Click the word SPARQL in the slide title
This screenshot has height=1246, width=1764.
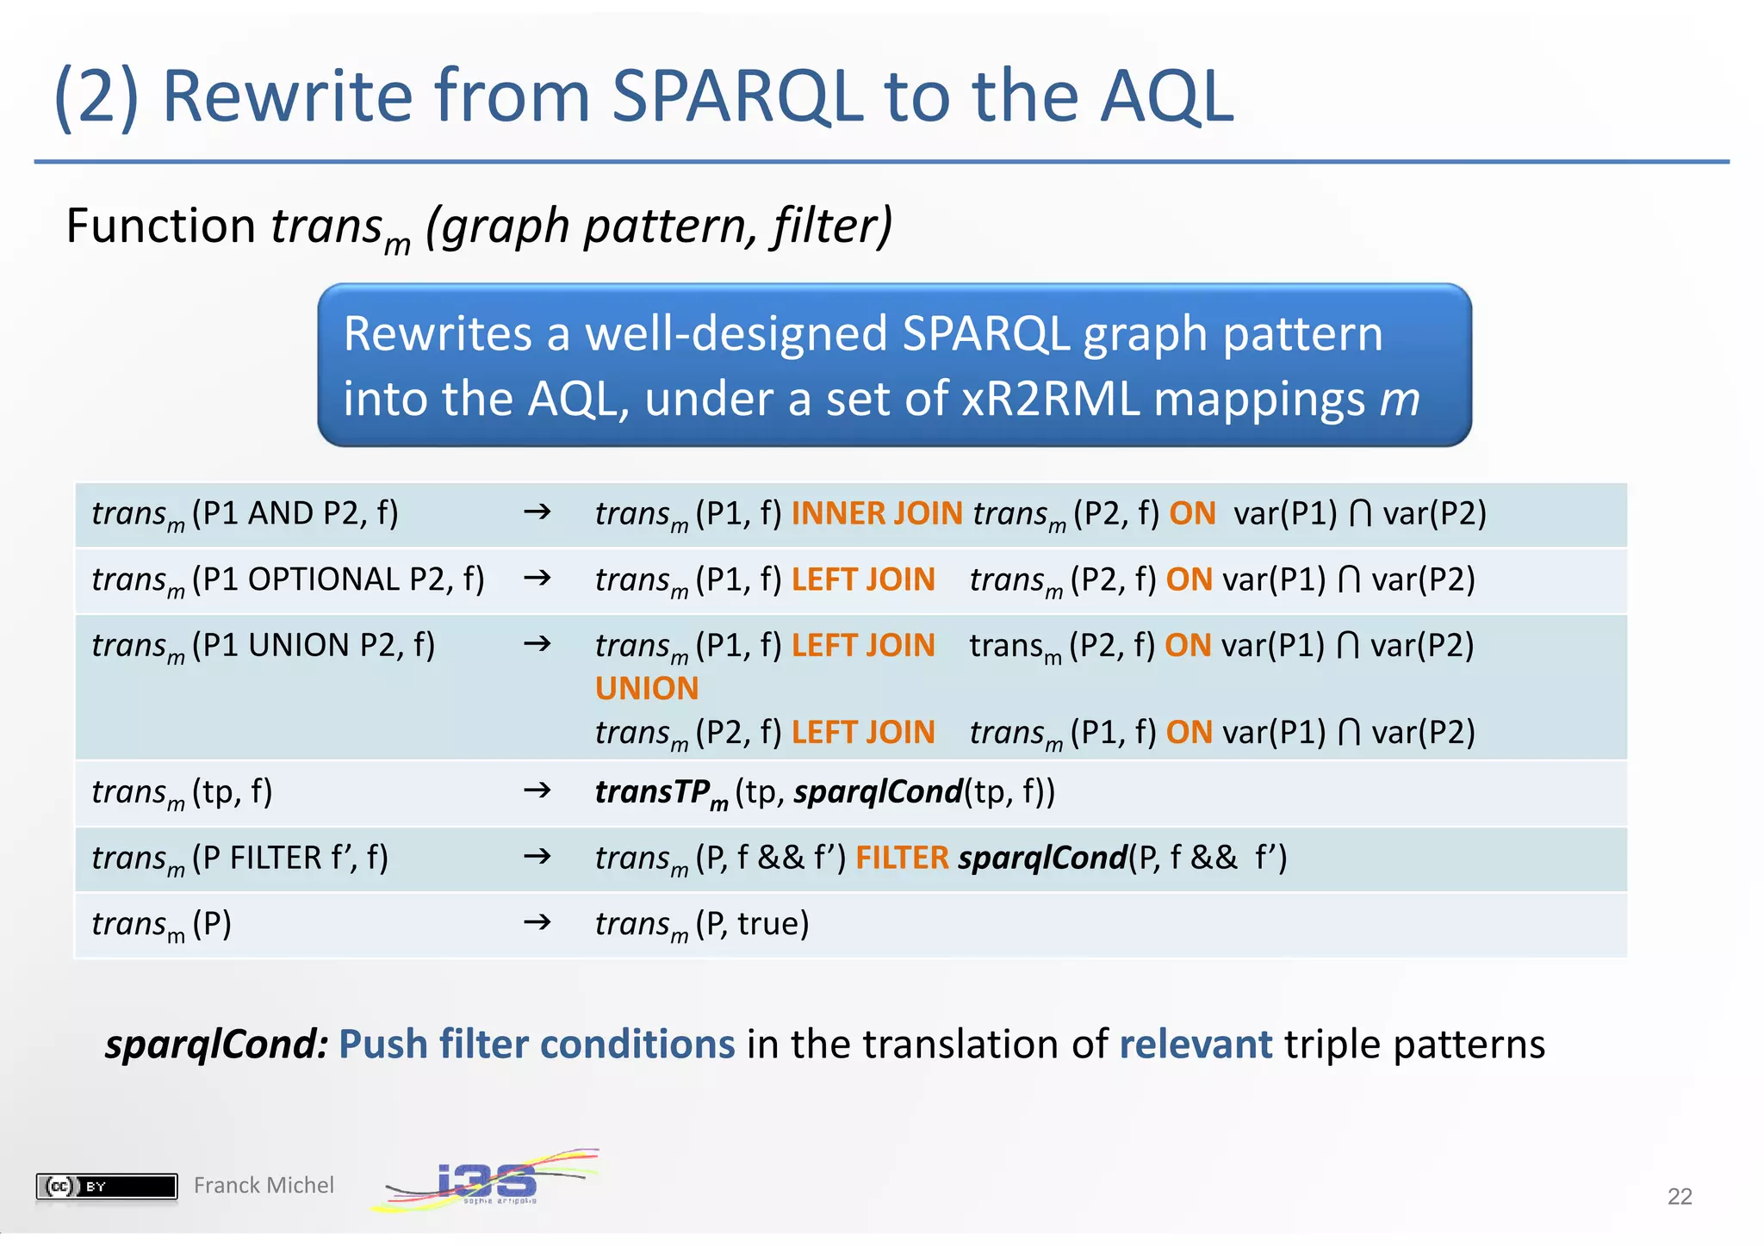pos(737,96)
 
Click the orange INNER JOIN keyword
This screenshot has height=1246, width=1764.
pos(876,514)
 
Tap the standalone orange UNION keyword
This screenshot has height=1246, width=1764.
pos(647,689)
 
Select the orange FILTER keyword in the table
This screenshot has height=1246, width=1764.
pos(901,859)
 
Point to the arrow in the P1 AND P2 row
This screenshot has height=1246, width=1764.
pos(537,513)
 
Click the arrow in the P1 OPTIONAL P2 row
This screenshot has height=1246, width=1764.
pos(537,579)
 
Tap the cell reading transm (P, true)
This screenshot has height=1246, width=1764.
pos(702,925)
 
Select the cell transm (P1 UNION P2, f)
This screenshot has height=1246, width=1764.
pos(264,647)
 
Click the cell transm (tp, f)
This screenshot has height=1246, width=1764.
pos(183,793)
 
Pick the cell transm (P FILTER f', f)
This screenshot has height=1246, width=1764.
pos(240,859)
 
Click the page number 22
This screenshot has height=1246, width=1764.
pos(1679,1196)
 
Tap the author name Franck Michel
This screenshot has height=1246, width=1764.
pos(264,1186)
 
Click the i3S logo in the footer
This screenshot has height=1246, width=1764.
pos(487,1181)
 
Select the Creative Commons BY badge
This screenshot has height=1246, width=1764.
pos(107,1187)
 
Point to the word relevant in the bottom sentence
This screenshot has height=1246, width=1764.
pos(1195,1045)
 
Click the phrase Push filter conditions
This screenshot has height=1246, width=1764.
pos(537,1045)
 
